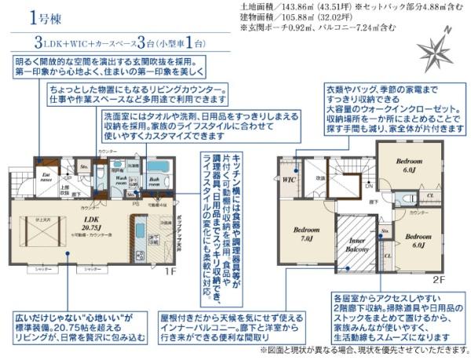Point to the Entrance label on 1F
pos(47,177)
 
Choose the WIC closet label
pos(289,179)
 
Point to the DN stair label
pos(368,186)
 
